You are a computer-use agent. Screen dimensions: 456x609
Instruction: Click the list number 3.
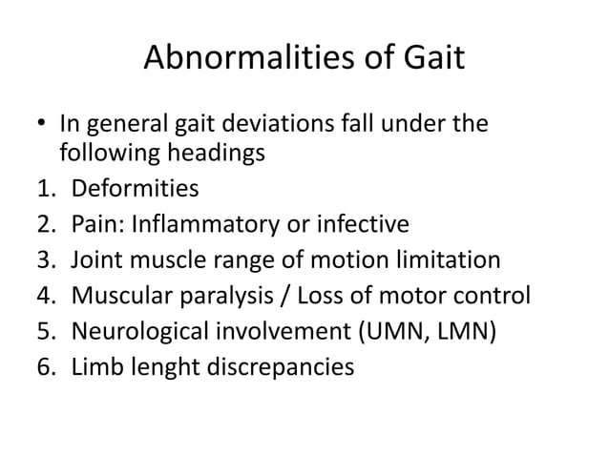tap(42, 259)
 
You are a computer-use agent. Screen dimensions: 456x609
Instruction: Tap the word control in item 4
tap(490, 295)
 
